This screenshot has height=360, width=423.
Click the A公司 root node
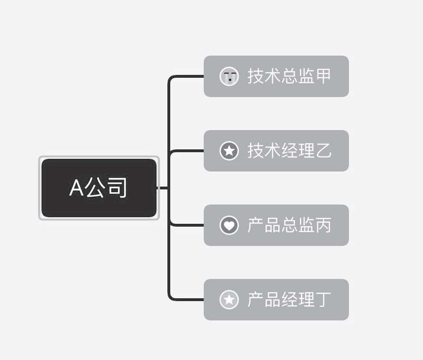[x=99, y=188]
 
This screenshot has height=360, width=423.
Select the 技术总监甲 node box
[x=276, y=76]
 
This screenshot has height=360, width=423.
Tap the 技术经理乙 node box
[x=276, y=151]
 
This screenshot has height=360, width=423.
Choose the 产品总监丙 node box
[x=276, y=225]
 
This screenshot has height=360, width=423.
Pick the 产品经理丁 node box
[x=276, y=299]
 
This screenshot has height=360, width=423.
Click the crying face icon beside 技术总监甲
[x=229, y=76]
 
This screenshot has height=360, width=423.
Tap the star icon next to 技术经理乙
[x=229, y=151]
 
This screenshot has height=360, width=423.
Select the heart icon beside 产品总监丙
[x=229, y=225]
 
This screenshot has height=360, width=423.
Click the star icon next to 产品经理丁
[x=229, y=299]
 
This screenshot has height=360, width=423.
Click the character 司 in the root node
[x=117, y=188]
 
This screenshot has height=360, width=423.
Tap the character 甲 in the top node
[x=323, y=76]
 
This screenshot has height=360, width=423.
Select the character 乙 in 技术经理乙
[x=323, y=150]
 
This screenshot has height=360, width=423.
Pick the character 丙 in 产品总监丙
[x=323, y=225]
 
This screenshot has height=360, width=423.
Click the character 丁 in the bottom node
[x=323, y=299]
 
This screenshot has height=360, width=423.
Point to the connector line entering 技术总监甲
[x=186, y=76]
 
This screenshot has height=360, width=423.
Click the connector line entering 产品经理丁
[x=186, y=299]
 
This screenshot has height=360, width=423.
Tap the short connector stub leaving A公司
[x=162, y=188]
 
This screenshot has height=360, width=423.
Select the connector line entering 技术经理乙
[x=187, y=151]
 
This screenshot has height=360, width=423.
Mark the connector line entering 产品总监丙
[x=187, y=225]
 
